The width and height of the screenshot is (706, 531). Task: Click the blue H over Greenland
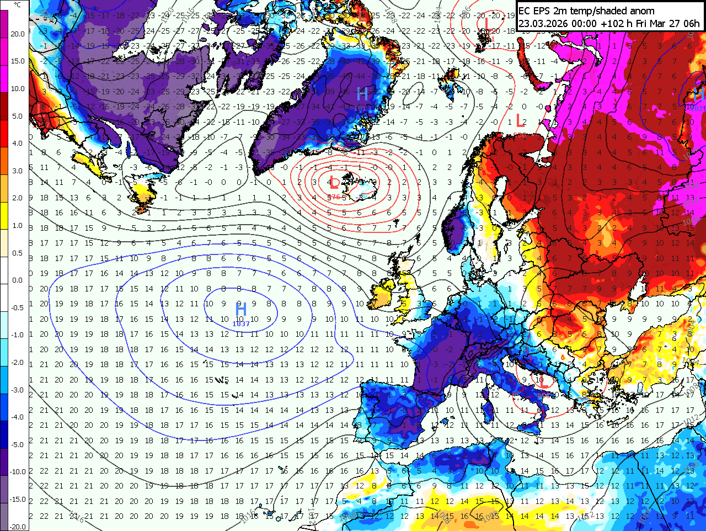coord(362,94)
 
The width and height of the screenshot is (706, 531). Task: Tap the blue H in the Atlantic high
coord(240,309)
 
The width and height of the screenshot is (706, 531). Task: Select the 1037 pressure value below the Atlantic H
coord(241,323)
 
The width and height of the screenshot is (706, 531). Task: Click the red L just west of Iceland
coord(334,183)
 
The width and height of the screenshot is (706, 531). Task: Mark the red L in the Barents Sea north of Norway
coord(520,120)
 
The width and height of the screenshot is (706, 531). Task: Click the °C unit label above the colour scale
coord(18,5)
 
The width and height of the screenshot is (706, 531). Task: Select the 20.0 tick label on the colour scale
coord(18,34)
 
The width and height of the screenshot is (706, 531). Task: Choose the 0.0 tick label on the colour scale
coord(18,280)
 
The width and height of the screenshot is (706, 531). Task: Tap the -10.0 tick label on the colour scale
coord(18,471)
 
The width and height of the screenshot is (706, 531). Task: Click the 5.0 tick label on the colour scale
coord(18,116)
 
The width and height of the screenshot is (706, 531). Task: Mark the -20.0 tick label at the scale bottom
coord(18,526)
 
